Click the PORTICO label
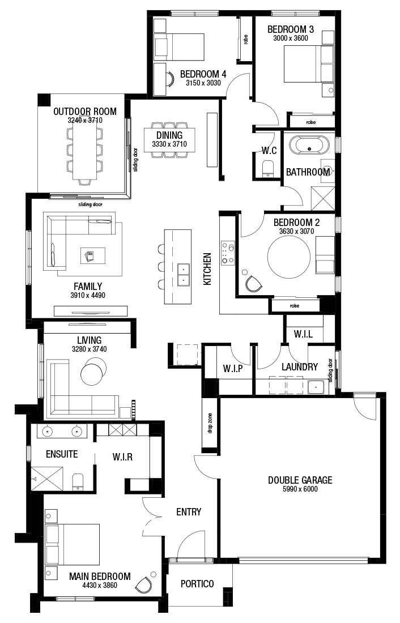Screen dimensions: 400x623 point(197,584)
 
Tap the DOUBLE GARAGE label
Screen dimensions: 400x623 point(300,480)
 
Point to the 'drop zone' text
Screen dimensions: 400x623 point(210,423)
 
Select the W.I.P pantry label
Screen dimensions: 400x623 point(233,368)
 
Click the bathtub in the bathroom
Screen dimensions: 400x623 point(309,146)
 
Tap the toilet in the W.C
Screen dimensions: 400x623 point(269,168)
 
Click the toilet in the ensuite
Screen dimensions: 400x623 point(78,481)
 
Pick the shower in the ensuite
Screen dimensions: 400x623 point(48,479)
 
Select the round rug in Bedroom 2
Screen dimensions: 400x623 point(288,257)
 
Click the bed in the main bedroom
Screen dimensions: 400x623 point(73,544)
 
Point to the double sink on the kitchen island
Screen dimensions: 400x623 point(184,275)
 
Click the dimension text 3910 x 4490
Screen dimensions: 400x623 point(88,295)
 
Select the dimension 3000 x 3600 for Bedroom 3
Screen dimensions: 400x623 point(291,38)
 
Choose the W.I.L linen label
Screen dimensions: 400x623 point(303,334)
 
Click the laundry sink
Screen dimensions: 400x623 point(316,387)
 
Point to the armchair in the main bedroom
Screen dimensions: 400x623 point(144,584)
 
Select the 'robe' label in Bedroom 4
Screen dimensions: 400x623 point(245,39)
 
